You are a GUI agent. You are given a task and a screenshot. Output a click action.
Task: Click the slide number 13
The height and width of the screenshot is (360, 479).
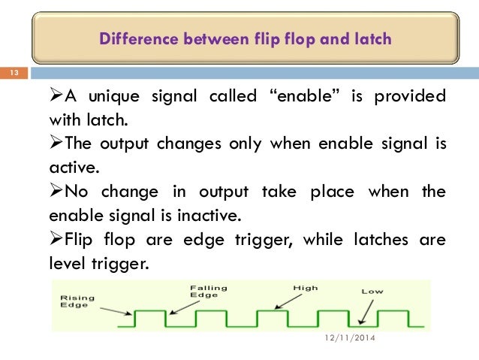[x=13, y=73]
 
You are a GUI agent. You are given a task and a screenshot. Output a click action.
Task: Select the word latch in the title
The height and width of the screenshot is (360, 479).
[x=372, y=38]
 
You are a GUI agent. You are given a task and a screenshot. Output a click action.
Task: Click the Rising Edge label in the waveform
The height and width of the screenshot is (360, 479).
[x=76, y=301]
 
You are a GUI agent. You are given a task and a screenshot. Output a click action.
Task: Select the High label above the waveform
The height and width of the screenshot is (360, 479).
[x=306, y=287]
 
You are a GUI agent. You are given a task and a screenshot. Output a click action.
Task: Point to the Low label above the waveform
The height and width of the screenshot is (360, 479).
[x=373, y=290]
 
